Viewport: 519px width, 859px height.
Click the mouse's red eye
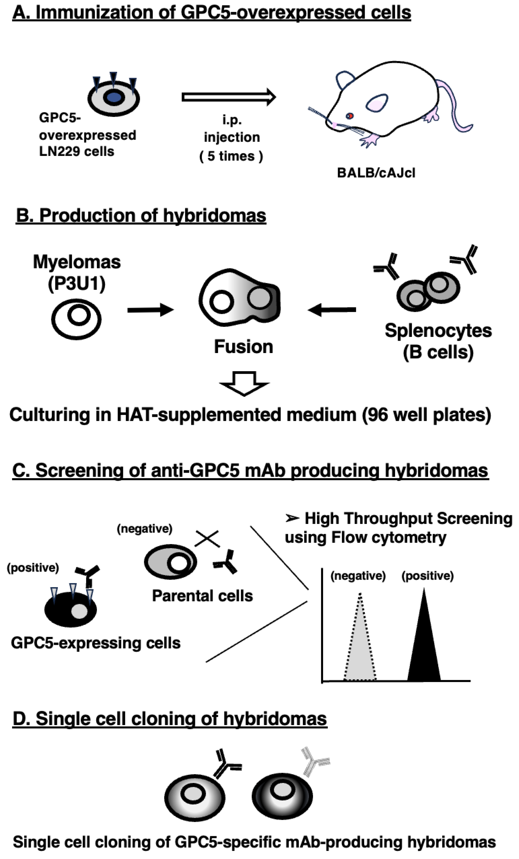[349, 116]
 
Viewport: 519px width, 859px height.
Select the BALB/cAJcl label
[376, 173]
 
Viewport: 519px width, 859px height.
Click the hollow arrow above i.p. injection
[228, 97]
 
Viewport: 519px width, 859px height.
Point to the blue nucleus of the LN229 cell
[114, 97]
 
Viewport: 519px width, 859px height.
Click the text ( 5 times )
[231, 156]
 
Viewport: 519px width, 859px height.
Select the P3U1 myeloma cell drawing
[76, 319]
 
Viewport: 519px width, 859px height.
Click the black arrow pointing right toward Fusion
[150, 309]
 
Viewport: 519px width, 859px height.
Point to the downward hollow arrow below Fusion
[244, 383]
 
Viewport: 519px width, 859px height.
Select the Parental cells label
[202, 596]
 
